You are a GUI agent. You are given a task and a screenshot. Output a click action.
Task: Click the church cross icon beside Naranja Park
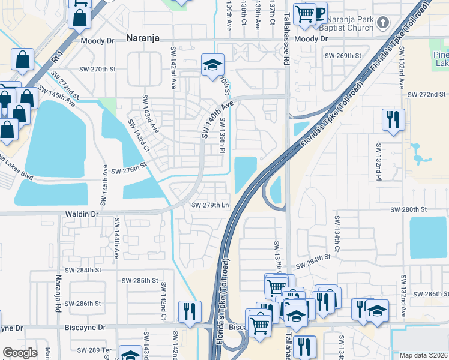click(385, 23)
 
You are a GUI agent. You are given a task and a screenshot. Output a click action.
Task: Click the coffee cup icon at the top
click(319, 12)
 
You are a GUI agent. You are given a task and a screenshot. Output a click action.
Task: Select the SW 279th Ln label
click(210, 205)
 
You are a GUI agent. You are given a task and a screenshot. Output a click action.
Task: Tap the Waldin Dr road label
click(79, 214)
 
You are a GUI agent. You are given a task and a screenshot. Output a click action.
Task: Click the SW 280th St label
click(408, 209)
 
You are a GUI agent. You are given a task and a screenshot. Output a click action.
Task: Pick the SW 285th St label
click(140, 280)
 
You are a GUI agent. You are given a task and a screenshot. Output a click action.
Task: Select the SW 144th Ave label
click(116, 238)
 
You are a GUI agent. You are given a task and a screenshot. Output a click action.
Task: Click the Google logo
click(20, 353)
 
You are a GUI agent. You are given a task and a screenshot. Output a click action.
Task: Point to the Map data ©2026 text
click(423, 355)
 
